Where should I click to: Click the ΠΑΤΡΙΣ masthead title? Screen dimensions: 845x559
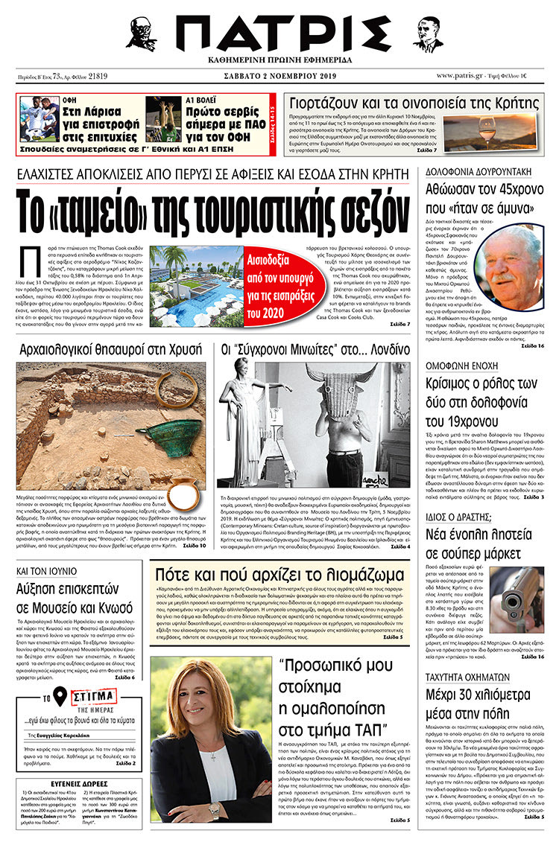279,34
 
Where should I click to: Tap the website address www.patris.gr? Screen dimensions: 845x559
464,75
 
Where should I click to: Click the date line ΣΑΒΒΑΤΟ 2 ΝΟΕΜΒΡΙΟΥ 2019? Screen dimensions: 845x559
279,75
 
